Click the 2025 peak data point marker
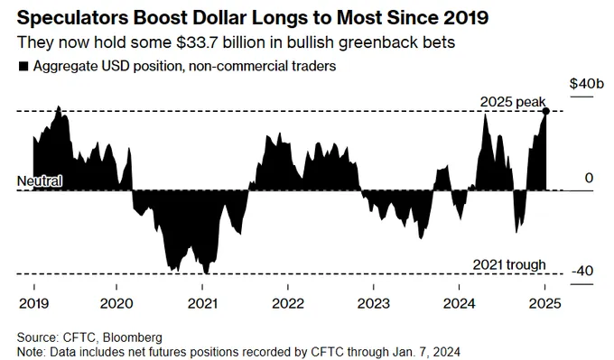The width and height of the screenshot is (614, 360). pos(545,112)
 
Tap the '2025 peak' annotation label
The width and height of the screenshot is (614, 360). pos(513,102)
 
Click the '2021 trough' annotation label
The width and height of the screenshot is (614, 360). pos(509,265)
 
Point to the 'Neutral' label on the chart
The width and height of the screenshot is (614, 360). pos(40,180)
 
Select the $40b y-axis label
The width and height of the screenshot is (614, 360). pos(587,83)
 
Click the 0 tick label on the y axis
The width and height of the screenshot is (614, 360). pos(589,178)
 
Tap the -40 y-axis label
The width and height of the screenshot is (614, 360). pos(582,271)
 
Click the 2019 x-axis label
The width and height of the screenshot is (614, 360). pos(34,304)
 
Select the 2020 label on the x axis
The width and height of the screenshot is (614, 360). pos(116,304)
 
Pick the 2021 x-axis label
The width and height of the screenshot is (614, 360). pos(202,304)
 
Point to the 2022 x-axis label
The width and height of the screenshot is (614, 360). pos(288,304)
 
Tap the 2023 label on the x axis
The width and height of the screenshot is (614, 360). pos(374,304)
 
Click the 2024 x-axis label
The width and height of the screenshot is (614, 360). pos(459,304)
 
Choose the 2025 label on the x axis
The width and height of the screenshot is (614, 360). pos(545,304)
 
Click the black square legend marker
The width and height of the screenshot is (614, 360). pos(23,66)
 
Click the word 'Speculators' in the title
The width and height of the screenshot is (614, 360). pos(73,18)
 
